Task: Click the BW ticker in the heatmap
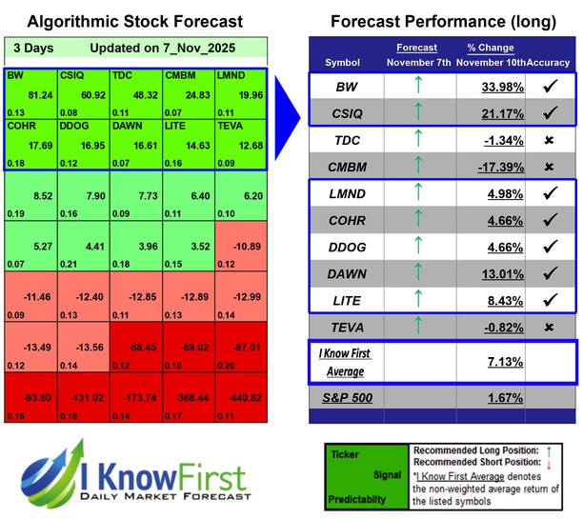coord(15,75)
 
